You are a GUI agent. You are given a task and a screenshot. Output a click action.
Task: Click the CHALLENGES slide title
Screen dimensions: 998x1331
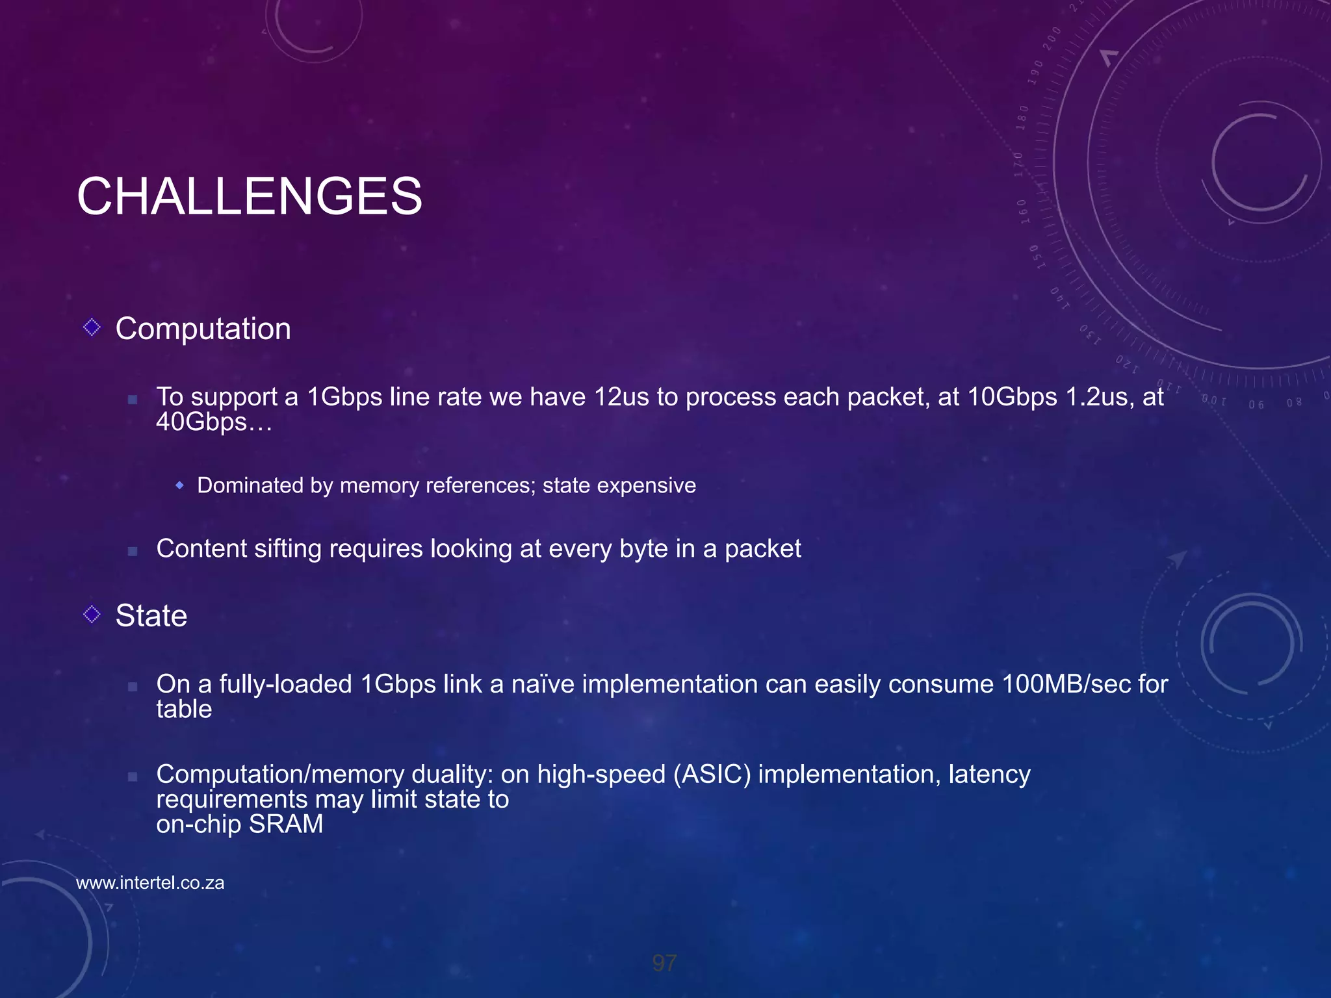click(x=250, y=196)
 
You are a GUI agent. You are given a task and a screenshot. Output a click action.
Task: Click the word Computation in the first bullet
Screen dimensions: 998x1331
click(x=203, y=329)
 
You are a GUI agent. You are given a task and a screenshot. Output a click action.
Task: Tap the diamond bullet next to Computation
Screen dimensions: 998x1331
click(x=92, y=327)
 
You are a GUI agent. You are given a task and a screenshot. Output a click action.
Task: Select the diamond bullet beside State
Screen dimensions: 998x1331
click(x=92, y=614)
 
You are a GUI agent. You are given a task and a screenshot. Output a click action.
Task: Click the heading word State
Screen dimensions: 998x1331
click(x=151, y=615)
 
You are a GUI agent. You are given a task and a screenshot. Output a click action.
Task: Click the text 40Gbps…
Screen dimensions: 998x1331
click(x=214, y=422)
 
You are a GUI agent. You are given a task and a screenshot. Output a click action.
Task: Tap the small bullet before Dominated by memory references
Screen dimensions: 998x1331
click(x=180, y=485)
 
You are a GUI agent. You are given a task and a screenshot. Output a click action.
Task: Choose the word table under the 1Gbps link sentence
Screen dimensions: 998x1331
click(x=184, y=710)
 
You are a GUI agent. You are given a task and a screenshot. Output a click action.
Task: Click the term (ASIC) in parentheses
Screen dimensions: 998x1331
click(x=712, y=774)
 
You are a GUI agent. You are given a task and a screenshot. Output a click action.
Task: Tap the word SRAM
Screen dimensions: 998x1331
click(x=286, y=825)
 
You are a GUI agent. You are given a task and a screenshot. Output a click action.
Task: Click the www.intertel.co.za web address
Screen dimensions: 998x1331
click(x=150, y=883)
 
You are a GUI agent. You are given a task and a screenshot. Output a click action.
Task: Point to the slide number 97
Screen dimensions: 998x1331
click(x=664, y=963)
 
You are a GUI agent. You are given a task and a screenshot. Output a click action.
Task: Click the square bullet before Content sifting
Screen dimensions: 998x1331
click(x=133, y=551)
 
